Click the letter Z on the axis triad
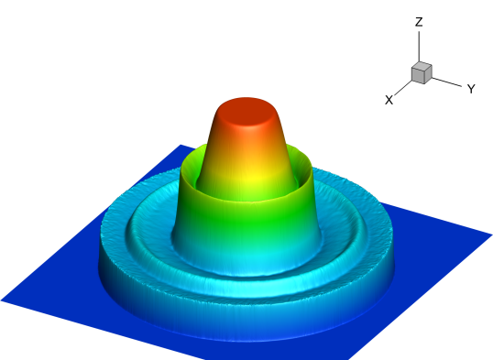[419, 22]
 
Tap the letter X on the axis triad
[389, 100]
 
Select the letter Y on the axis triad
[471, 89]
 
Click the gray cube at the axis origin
[422, 73]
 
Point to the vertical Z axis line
[419, 47]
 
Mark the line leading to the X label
[403, 88]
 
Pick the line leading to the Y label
[446, 82]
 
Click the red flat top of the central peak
[246, 113]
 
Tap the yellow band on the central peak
[248, 176]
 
